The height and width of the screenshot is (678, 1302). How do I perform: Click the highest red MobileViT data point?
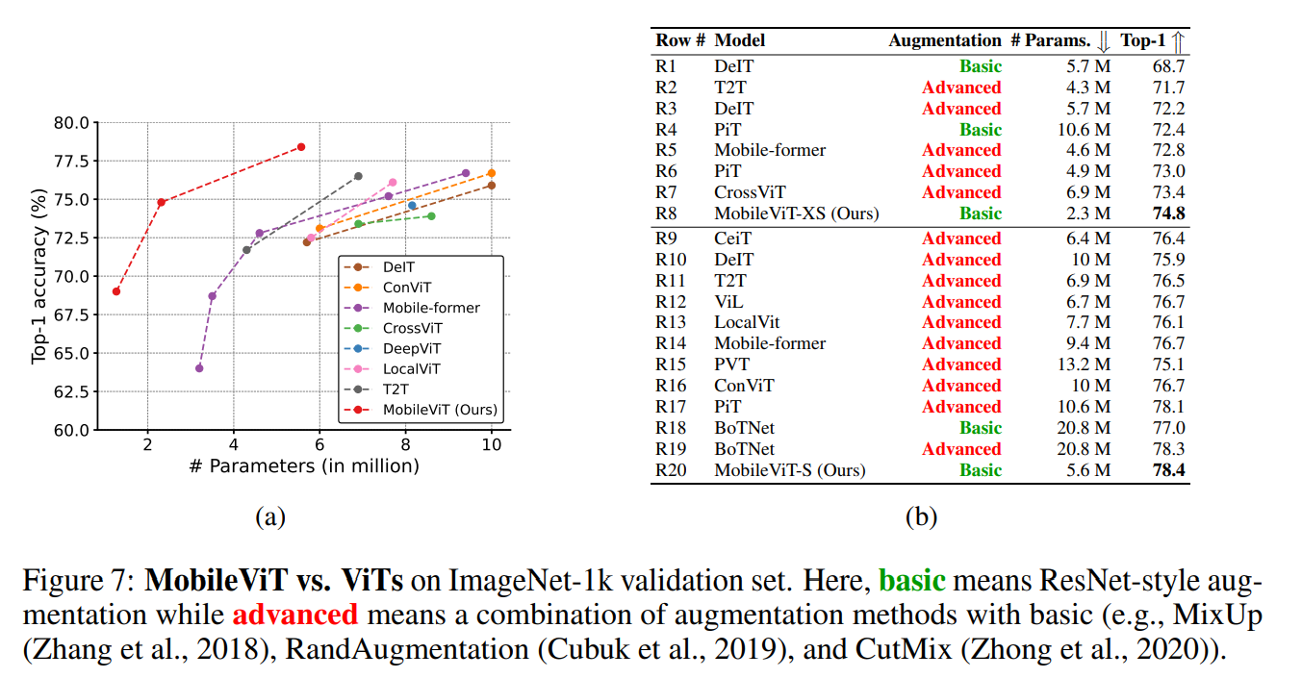tap(301, 147)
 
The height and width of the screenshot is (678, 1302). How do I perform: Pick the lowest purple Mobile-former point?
tap(199, 368)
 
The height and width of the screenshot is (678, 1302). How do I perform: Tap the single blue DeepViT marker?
tap(413, 205)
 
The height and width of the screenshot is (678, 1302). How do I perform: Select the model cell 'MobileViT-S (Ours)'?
tap(789, 470)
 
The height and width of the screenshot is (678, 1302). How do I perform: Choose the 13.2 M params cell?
tap(1085, 364)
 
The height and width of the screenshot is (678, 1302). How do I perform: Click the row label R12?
tap(671, 302)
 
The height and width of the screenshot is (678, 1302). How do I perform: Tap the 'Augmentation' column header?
tap(944, 40)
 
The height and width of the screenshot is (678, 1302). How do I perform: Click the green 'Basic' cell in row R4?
tap(980, 130)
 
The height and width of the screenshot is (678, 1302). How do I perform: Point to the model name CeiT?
tap(733, 239)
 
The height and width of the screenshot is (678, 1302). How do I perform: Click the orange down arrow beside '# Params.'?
tap(1104, 40)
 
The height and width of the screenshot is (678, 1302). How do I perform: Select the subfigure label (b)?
tap(921, 516)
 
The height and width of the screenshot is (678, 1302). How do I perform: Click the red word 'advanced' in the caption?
tap(294, 614)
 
